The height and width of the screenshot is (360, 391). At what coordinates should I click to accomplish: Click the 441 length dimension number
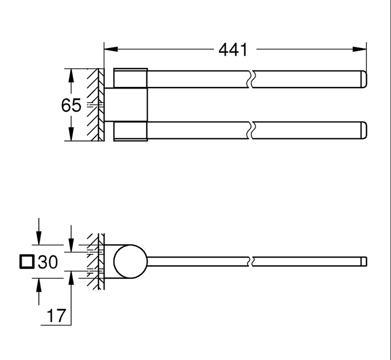[x=233, y=50]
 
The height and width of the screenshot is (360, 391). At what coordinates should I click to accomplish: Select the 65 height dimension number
[x=71, y=106]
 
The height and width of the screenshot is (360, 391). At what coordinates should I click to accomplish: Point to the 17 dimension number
[x=56, y=316]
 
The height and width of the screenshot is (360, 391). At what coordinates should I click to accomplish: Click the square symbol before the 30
[x=26, y=262]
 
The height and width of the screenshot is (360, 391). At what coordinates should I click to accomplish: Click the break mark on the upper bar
[x=251, y=78]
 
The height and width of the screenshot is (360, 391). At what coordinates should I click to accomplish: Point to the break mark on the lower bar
[x=251, y=131]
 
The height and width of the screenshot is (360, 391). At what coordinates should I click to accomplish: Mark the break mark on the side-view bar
[x=251, y=261]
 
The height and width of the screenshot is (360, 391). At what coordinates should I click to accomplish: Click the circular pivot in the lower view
[x=130, y=261]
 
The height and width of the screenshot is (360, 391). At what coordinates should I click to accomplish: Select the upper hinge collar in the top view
[x=130, y=78]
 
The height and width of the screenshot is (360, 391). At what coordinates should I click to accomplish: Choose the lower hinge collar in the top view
[x=130, y=131]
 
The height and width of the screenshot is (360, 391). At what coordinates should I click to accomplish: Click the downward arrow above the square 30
[x=38, y=238]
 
